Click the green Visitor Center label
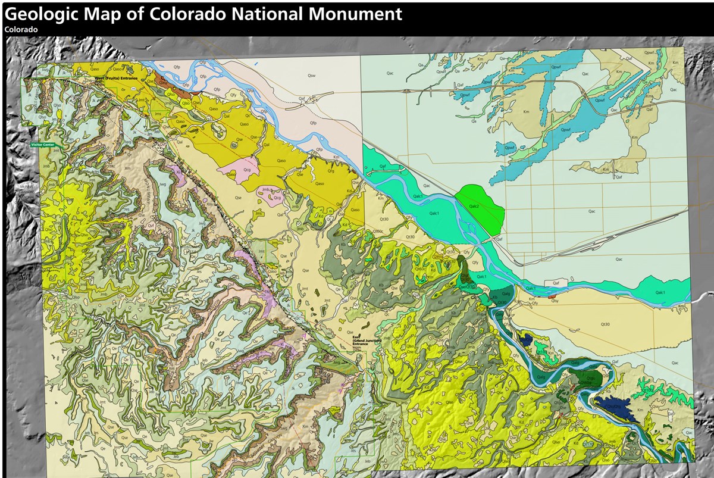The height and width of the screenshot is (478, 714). point(43,144)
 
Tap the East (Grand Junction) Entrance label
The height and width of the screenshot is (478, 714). point(361,340)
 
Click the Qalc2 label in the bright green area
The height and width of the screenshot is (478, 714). point(474,206)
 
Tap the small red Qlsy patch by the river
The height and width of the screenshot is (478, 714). point(553,296)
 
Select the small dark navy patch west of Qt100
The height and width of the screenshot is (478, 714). point(525,340)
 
